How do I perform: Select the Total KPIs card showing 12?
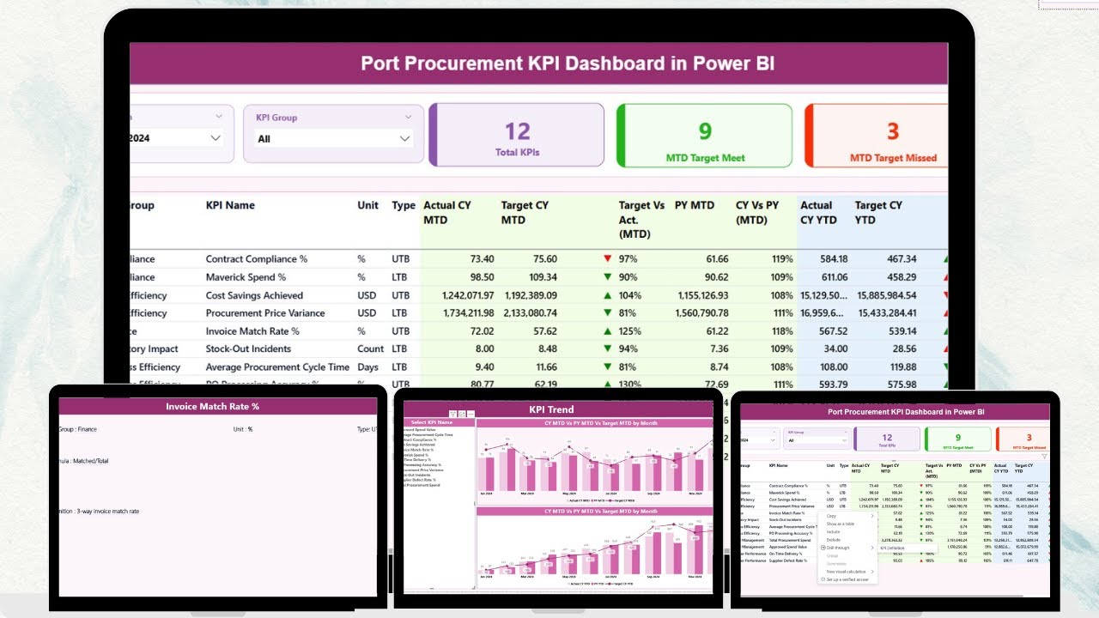pos(517,135)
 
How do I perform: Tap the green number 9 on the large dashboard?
pos(704,130)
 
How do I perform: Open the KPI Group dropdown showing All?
pos(333,138)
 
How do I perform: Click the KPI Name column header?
pos(230,205)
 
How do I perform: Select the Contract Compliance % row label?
pos(256,259)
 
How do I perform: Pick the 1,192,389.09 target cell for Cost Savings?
pos(529,295)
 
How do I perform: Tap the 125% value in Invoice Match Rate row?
pos(628,331)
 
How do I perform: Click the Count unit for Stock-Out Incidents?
pos(371,349)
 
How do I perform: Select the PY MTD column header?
pos(694,205)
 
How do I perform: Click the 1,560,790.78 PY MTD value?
pos(702,313)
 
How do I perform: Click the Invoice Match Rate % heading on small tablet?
pos(212,406)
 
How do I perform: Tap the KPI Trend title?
pos(551,409)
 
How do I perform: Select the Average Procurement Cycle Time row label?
pos(277,367)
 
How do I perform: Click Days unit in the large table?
pos(367,367)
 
